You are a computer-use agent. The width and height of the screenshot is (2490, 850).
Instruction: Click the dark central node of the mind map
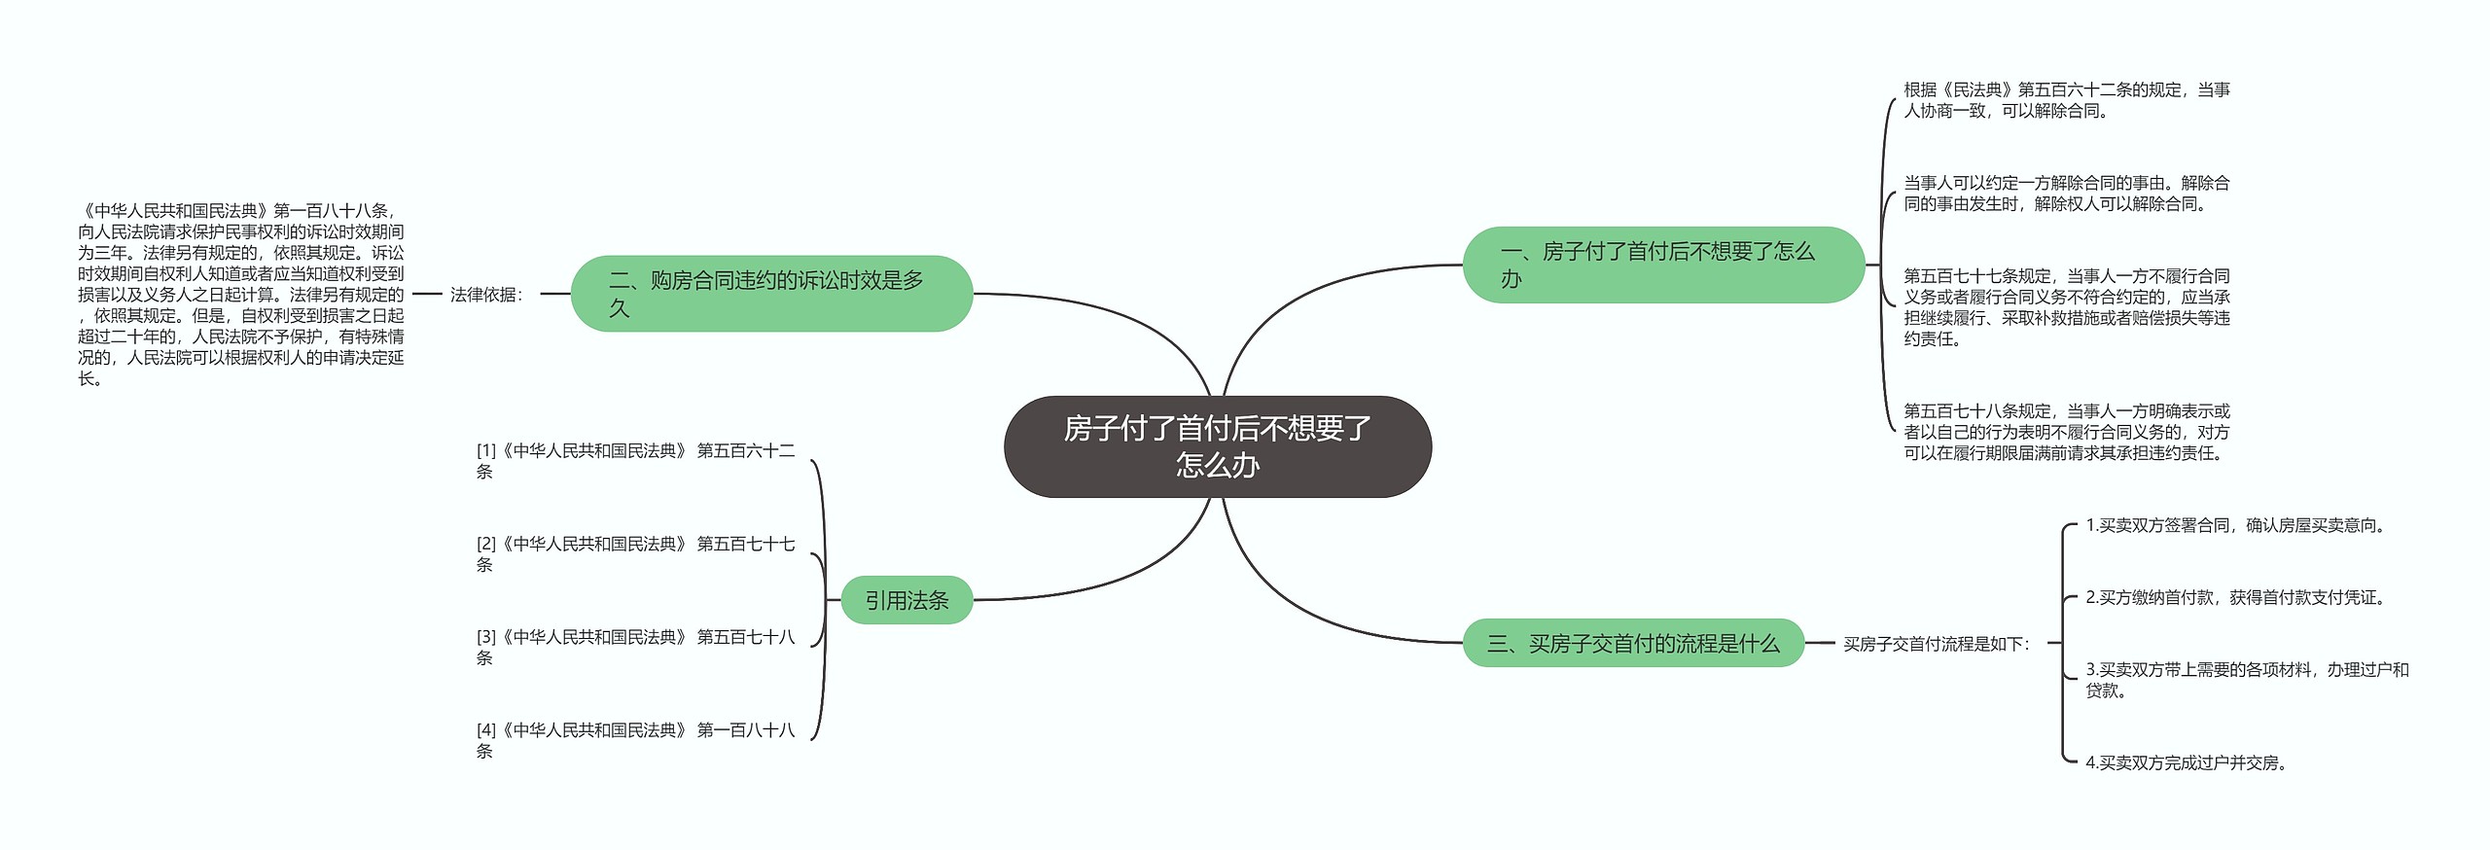1217,446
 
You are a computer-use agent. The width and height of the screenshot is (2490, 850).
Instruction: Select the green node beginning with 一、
1662,265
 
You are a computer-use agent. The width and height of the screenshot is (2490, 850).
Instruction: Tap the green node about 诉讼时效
770,294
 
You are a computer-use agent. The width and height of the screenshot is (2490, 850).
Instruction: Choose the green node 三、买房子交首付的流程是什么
1633,643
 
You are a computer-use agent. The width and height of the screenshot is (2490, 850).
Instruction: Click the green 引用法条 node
907,600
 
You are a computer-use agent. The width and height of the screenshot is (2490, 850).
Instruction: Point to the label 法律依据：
487,294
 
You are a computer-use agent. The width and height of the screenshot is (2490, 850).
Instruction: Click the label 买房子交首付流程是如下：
1937,644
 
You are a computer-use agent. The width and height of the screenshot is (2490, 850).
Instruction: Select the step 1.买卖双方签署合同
2236,525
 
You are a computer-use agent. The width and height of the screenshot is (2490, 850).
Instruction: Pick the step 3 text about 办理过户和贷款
2247,680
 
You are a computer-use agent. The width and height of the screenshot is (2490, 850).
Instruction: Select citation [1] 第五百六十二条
635,461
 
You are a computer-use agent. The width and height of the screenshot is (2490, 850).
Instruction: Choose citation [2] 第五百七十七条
635,554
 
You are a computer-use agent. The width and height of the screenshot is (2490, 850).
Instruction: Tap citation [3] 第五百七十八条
635,647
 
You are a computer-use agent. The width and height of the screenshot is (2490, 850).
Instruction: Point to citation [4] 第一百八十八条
635,740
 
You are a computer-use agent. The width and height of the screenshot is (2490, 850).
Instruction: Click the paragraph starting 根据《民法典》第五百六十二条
2067,100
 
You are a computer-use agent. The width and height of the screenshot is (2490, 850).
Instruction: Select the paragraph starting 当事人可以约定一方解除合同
2067,194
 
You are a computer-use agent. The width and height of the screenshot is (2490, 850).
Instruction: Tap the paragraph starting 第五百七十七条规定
2067,307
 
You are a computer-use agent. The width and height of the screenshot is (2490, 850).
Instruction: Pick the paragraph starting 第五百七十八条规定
2067,432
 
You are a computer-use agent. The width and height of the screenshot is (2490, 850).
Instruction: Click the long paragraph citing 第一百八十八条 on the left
241,294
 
